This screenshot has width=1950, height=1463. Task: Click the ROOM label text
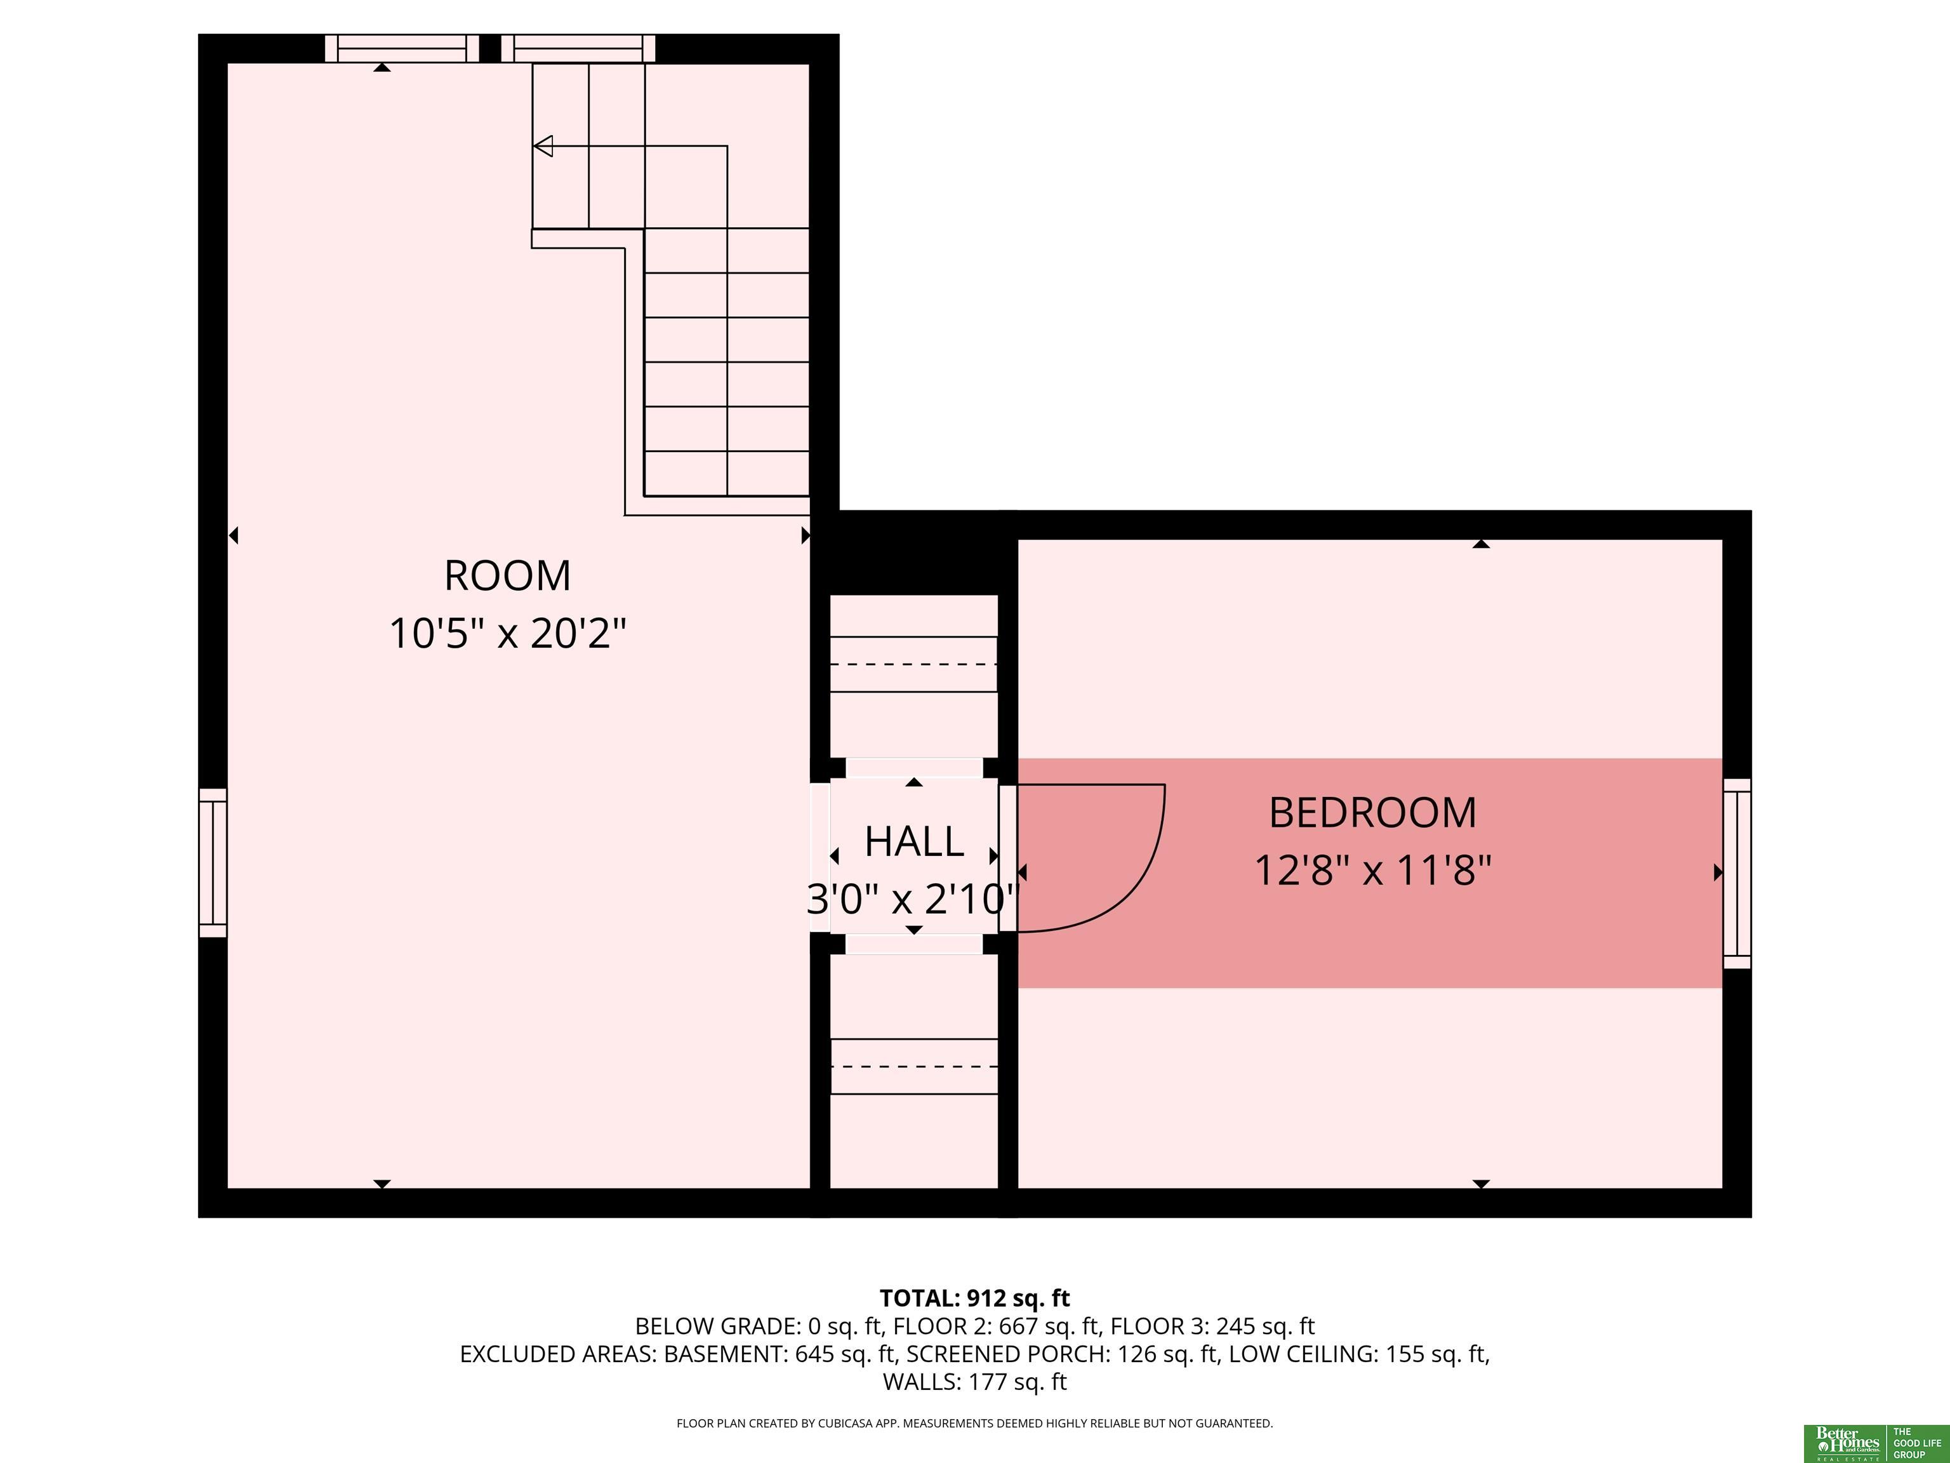(x=507, y=576)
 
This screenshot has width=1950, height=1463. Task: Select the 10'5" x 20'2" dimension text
(x=508, y=633)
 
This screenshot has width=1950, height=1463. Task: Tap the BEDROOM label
(x=1372, y=813)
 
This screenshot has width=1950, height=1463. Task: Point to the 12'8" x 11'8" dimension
(x=1372, y=871)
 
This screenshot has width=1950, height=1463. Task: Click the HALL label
(x=914, y=842)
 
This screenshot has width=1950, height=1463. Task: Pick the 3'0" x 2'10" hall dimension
(x=914, y=900)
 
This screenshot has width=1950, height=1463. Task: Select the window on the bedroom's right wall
(x=1737, y=873)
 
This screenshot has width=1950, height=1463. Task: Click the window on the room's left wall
(x=213, y=862)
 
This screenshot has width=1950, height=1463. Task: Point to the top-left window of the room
(x=402, y=48)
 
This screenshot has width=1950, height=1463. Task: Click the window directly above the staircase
(x=578, y=48)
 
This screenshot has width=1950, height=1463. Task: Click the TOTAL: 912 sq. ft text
(x=975, y=1298)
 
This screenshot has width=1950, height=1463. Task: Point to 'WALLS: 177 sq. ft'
(x=975, y=1382)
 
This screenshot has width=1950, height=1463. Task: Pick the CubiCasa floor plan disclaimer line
(x=975, y=1424)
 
